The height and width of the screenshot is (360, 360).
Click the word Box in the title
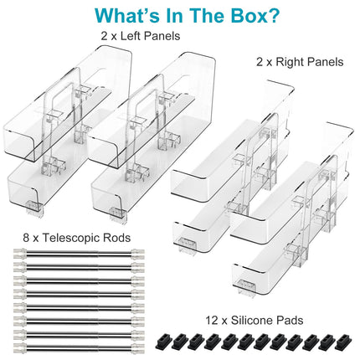tap(242, 15)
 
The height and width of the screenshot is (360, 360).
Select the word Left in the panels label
tap(131, 36)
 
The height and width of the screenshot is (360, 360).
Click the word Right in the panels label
tap(290, 62)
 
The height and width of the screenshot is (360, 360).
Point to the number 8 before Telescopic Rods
tap(26, 238)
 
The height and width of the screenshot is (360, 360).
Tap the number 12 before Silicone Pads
tap(212, 320)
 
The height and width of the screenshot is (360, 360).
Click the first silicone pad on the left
tap(162, 341)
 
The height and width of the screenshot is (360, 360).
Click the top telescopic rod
tap(79, 253)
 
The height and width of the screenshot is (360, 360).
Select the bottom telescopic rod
tap(79, 347)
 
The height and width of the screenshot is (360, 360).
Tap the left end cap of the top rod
tap(20, 253)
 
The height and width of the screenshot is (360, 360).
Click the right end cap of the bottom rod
tap(138, 347)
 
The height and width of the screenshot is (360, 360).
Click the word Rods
tap(117, 238)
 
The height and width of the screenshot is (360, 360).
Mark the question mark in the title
tap(273, 15)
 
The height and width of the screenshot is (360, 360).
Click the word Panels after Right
tap(325, 62)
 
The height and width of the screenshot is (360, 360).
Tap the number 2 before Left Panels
tap(104, 36)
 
